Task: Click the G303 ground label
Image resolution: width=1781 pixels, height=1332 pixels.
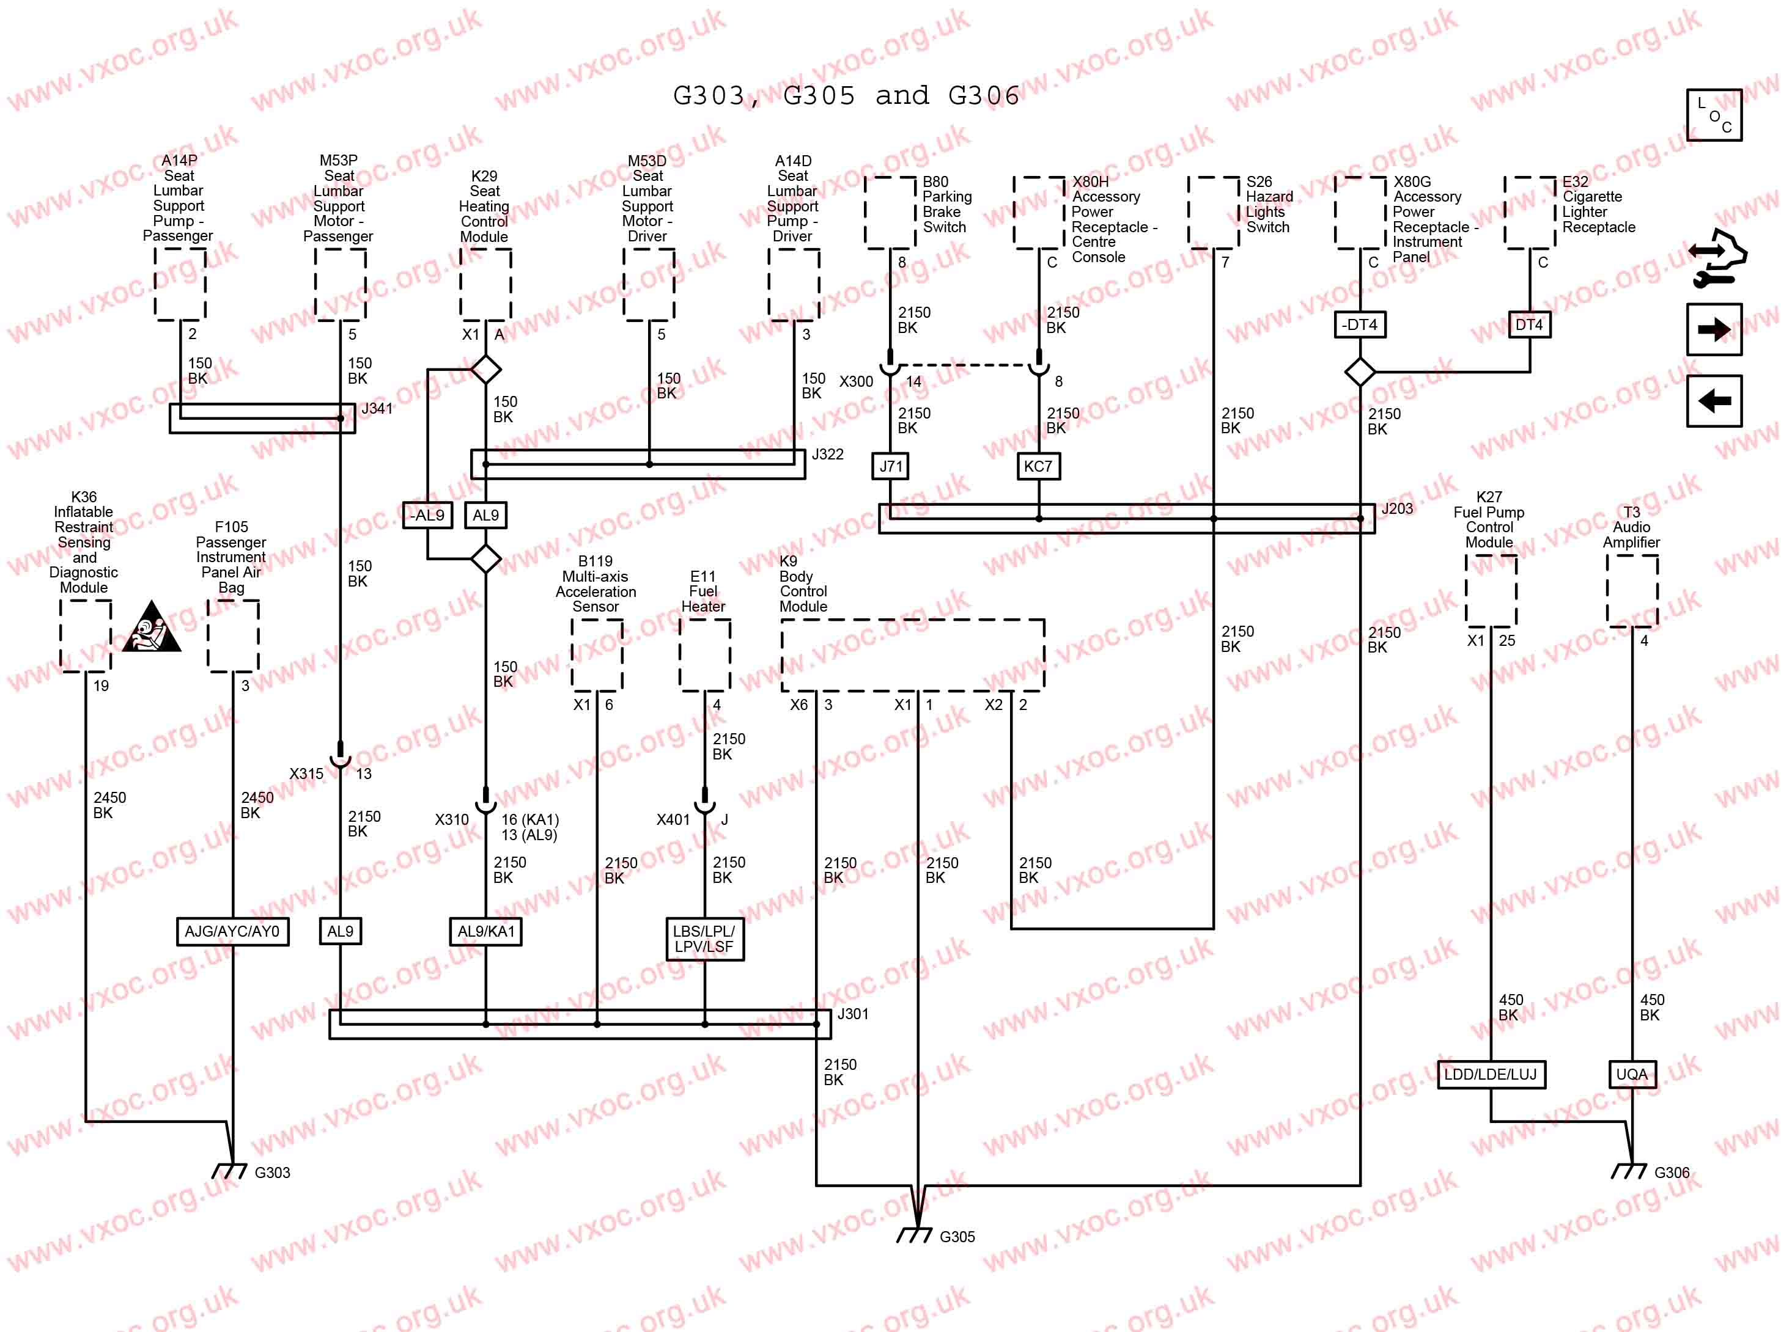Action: [272, 1173]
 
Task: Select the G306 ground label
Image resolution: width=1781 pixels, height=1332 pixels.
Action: [1672, 1173]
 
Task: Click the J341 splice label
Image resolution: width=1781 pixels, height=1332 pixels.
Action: [377, 408]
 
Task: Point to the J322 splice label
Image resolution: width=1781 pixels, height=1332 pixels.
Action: [827, 454]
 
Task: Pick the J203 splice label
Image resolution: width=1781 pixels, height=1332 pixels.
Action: [1397, 508]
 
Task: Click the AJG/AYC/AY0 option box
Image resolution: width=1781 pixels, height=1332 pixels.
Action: [232, 931]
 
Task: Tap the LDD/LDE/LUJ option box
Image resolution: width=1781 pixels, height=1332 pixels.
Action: [1491, 1074]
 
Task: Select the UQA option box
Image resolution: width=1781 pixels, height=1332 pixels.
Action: [1631, 1074]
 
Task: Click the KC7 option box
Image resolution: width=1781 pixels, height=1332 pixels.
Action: [1038, 466]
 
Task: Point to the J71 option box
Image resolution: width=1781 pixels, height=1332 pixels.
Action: [890, 466]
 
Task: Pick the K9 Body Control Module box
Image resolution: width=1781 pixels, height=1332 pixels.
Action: [912, 654]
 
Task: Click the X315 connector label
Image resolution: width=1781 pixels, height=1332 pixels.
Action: [306, 774]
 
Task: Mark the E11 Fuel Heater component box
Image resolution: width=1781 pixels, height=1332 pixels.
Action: [704, 654]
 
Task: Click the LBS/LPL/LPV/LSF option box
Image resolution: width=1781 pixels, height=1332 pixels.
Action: [704, 939]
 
